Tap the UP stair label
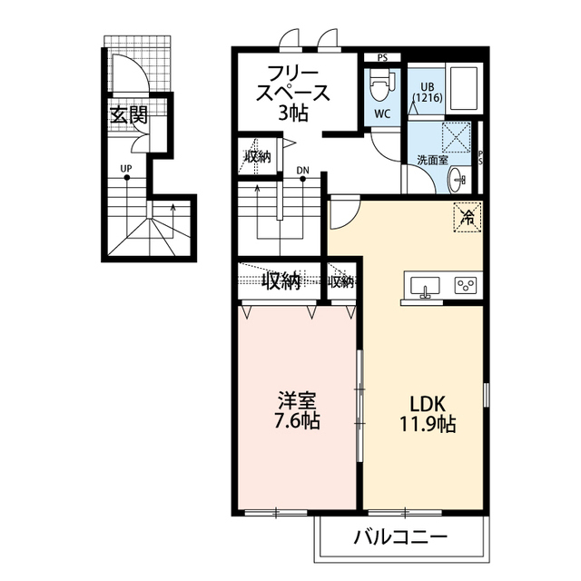pos(126,167)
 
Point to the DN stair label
pos(302,169)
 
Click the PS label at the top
pos(382,58)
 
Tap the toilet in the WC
pos(379,86)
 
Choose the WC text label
pos(382,115)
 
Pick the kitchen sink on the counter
pos(424,286)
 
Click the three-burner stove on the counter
pos(465,286)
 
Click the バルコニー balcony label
pos(400,537)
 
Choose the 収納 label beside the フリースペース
pos(257,155)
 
